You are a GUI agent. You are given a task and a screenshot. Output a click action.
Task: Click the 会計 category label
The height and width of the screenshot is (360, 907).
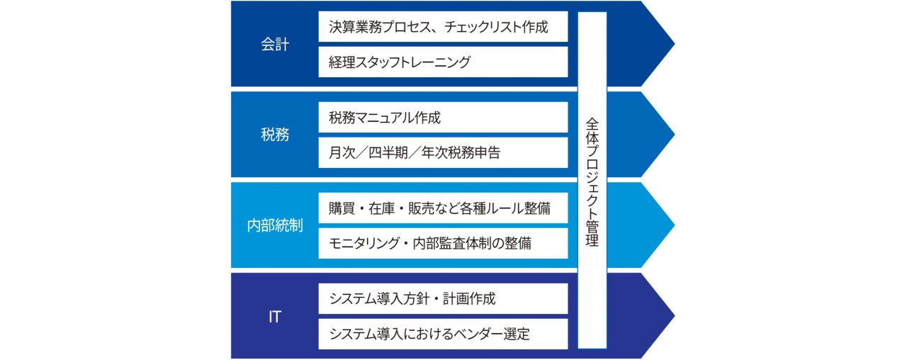coord(275,44)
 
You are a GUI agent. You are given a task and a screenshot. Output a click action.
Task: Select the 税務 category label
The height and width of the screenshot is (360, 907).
coord(275,135)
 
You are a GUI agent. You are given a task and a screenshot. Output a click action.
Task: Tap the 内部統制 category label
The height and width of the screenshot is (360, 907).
coord(275,225)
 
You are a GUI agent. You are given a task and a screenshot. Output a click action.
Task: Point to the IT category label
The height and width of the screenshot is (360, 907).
coord(275,317)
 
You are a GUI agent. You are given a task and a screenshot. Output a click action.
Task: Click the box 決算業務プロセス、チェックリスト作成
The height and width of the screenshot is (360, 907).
coord(443,28)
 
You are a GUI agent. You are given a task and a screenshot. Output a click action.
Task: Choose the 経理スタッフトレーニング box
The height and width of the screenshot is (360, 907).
coord(443,62)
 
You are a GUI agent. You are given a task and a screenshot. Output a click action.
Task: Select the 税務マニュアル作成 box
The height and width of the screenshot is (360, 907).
coord(443,118)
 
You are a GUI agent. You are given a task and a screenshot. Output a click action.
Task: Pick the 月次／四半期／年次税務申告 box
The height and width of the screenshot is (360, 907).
coord(443,152)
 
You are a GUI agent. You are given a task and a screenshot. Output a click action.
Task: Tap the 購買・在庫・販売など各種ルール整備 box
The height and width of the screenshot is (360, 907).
coord(443,208)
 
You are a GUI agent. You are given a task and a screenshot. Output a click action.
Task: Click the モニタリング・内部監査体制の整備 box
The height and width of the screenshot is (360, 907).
coord(443,243)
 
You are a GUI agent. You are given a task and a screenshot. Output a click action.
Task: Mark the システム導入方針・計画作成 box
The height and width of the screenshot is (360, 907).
coord(443,298)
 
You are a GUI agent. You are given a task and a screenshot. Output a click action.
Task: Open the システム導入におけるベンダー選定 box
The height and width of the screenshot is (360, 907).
coord(443,334)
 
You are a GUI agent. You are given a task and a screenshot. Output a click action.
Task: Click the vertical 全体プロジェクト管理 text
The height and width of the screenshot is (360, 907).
coord(592,181)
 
